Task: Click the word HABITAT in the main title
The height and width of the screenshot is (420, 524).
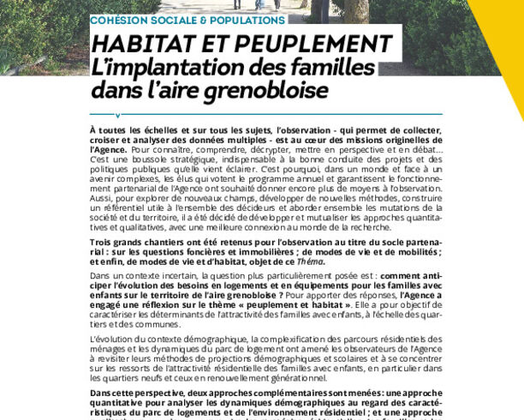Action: coord(140,44)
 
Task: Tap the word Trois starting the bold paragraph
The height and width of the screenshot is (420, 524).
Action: coord(102,243)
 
